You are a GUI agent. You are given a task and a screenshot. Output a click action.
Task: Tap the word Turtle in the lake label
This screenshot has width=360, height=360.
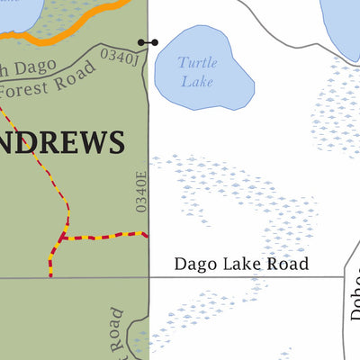click(196, 62)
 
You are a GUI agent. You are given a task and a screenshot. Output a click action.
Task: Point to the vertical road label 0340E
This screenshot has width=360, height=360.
click(140, 192)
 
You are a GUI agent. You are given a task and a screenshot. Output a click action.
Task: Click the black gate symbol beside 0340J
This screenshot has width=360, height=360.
click(147, 42)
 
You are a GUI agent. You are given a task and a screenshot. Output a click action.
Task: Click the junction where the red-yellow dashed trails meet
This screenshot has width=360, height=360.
click(62, 238)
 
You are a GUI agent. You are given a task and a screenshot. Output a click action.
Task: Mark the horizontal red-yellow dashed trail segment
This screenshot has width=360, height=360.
click(103, 237)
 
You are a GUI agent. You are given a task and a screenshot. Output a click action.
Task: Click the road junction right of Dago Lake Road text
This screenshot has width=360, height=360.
click(346, 277)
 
